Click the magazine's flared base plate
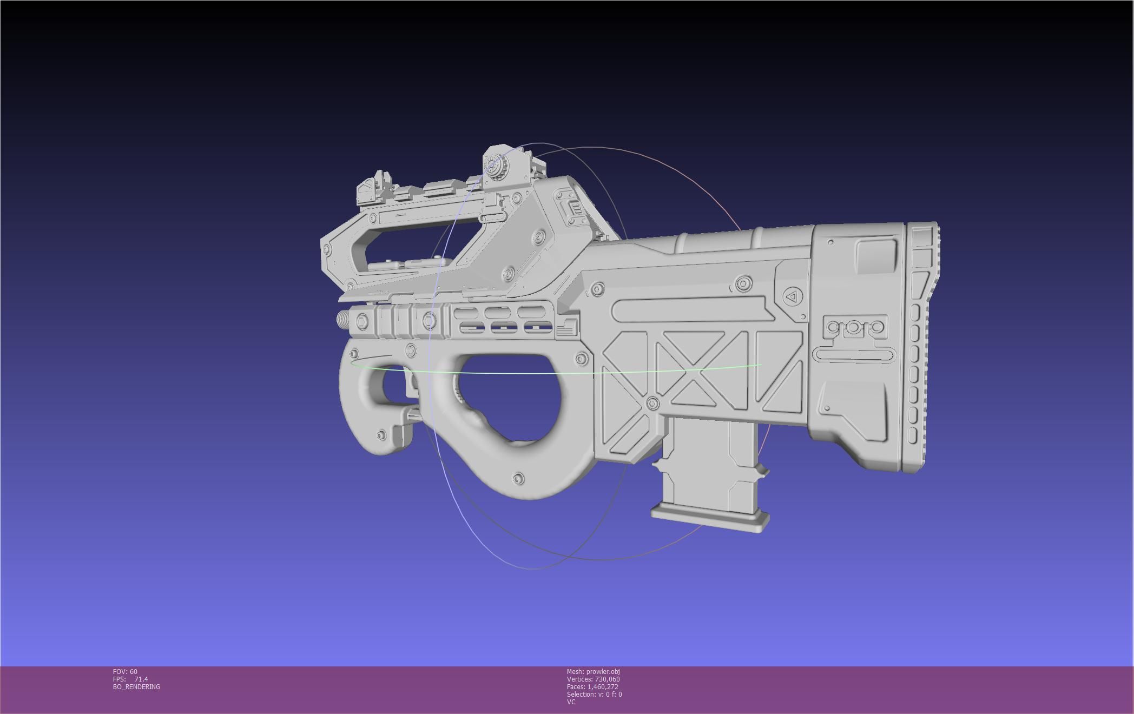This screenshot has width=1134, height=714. [710, 517]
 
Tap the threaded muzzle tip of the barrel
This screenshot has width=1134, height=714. [343, 319]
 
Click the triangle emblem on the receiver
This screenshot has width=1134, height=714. [792, 296]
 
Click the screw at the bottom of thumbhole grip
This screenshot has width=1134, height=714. [518, 478]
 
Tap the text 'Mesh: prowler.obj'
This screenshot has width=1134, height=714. [593, 672]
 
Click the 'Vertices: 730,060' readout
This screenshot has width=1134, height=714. [593, 679]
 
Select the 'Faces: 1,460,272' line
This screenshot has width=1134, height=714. [592, 687]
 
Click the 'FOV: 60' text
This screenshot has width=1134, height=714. [125, 672]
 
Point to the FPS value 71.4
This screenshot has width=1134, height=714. [141, 679]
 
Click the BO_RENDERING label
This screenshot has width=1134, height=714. [136, 687]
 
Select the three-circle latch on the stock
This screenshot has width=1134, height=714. [854, 327]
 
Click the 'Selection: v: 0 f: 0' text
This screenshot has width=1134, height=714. [594, 695]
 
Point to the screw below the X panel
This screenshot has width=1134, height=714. [652, 403]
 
